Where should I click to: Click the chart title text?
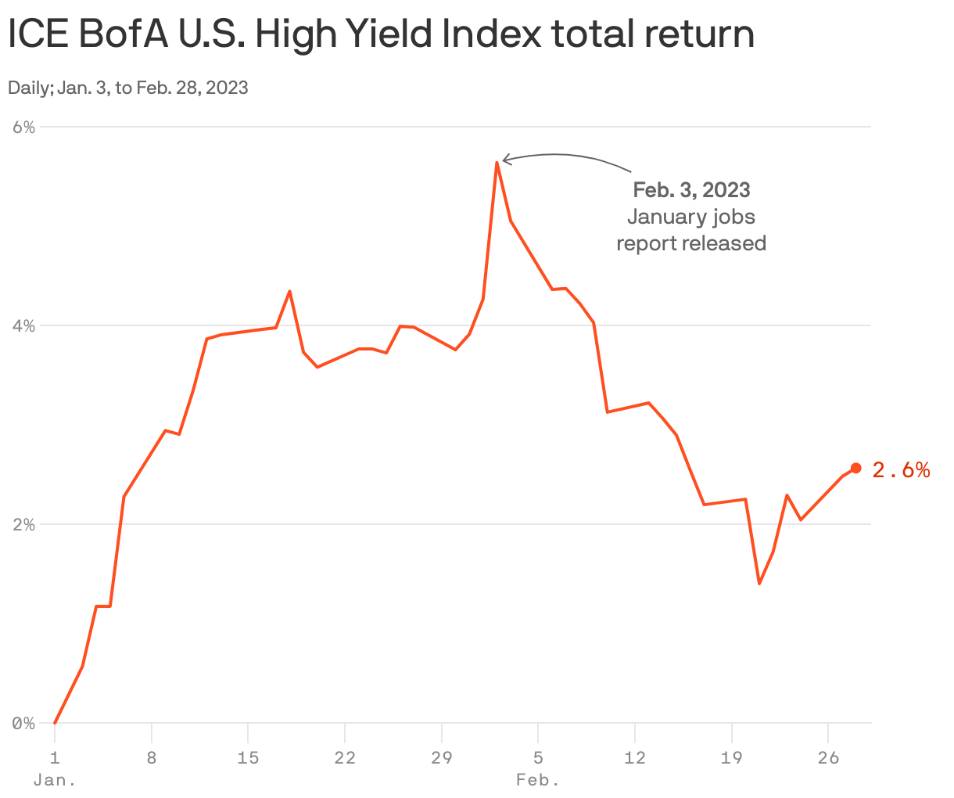tap(381, 35)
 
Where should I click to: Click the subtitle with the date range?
tap(128, 88)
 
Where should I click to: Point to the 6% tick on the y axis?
tap(24, 127)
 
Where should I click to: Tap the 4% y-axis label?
tap(24, 325)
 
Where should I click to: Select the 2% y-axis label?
tap(24, 524)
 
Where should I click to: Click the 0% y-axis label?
tap(24, 724)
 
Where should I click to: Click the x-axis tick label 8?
tap(151, 757)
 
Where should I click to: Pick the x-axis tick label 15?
tap(248, 757)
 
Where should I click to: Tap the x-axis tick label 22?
tap(345, 757)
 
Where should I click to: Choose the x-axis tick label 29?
tap(442, 757)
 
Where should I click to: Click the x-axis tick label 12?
tap(635, 757)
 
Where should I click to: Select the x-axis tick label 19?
tap(732, 757)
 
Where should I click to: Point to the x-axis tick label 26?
tap(828, 757)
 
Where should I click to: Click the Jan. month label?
tap(55, 781)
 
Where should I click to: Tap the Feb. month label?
tap(538, 781)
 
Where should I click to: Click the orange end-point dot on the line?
tap(855, 468)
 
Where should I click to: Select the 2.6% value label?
tap(901, 470)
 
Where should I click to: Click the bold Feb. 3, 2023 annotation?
tap(691, 190)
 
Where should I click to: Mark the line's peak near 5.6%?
tap(497, 163)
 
